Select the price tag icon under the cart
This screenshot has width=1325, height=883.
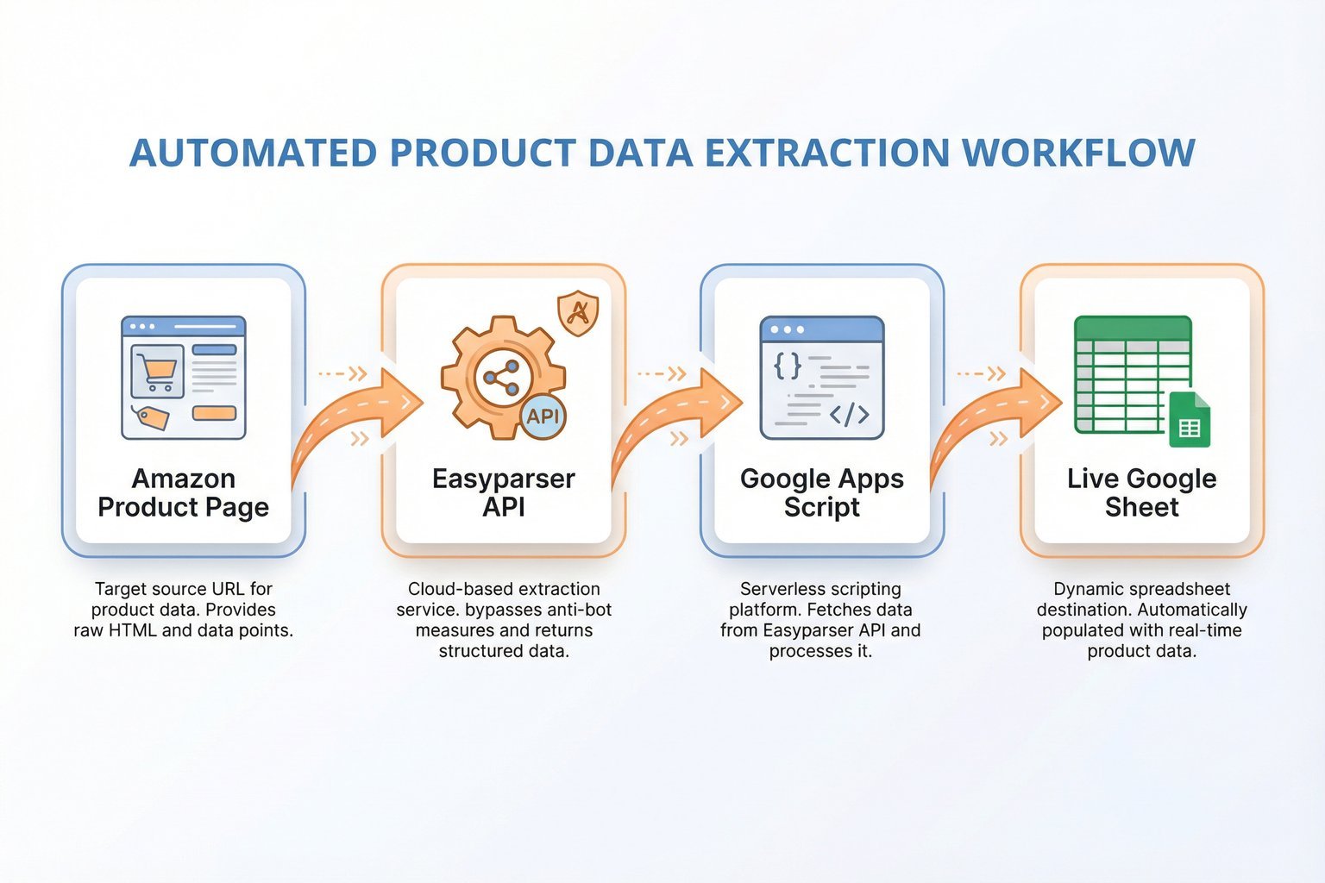pos(151,417)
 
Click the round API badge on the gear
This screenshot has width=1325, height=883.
pos(543,417)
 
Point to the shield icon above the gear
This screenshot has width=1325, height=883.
pos(578,313)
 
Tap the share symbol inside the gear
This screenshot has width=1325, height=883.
pos(501,378)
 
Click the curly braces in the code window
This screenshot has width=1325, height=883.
pos(787,366)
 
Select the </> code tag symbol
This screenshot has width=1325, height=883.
pos(849,415)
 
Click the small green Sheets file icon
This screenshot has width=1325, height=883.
pos(1190,420)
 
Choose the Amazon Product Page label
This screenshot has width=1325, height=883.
pos(184,492)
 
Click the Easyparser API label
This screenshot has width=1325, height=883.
pos(504,492)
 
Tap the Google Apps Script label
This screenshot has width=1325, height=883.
pos(822,492)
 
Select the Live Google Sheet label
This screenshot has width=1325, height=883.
pos(1141,492)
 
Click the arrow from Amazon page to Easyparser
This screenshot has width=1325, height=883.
pos(354,423)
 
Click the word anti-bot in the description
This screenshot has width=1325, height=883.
pos(579,610)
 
